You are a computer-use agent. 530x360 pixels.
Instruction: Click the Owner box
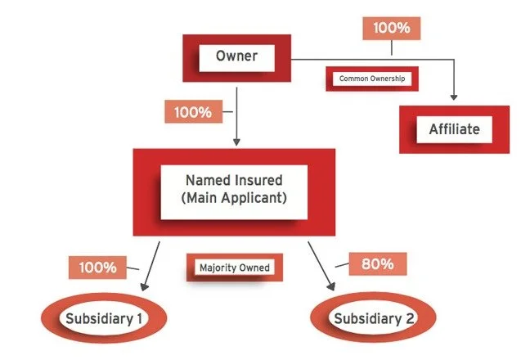236,57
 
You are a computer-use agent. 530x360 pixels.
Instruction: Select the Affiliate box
454,128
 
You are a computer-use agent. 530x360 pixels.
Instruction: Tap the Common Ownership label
367,80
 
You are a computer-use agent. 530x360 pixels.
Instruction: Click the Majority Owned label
234,268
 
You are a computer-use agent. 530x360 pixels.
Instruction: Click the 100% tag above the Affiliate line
391,27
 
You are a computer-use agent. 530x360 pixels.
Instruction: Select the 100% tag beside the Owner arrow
193,111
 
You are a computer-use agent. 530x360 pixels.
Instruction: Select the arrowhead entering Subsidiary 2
333,289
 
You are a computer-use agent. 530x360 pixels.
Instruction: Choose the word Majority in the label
217,268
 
